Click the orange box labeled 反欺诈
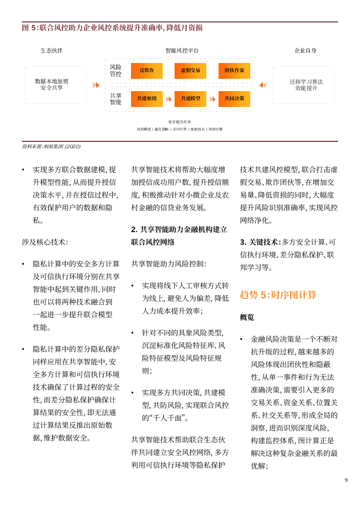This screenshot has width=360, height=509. click(x=146, y=71)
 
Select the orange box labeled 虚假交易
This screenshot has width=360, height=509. click(x=190, y=71)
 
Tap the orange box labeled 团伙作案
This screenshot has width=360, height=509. click(x=234, y=71)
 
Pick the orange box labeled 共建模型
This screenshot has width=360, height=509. click(x=190, y=99)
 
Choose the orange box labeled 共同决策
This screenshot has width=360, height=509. click(x=234, y=99)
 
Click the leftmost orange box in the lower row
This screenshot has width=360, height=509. click(x=146, y=99)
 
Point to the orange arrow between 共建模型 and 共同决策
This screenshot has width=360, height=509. click(x=213, y=99)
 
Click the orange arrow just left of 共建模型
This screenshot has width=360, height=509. click(x=169, y=99)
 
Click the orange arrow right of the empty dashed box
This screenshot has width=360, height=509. click(x=96, y=85)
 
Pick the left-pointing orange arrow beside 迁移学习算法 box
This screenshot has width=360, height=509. click(x=263, y=85)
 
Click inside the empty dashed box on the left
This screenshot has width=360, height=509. click(x=55, y=85)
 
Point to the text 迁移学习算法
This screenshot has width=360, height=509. click(x=306, y=82)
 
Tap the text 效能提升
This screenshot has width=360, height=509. click(x=306, y=88)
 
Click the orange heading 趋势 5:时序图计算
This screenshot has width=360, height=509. click(x=277, y=295)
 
